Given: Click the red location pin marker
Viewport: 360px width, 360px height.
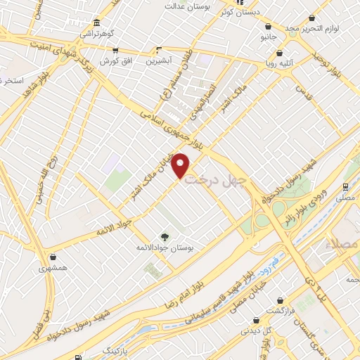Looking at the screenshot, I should [x=181, y=166].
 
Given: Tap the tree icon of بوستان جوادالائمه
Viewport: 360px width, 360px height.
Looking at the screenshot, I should [x=165, y=236].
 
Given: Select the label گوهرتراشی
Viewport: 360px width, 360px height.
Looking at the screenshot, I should [x=96, y=33].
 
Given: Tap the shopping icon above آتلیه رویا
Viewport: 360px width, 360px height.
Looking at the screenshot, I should [x=280, y=53].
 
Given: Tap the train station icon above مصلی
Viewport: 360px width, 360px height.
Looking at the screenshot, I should [x=345, y=187].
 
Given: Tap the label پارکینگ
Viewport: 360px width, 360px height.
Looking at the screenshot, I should [x=117, y=349].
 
